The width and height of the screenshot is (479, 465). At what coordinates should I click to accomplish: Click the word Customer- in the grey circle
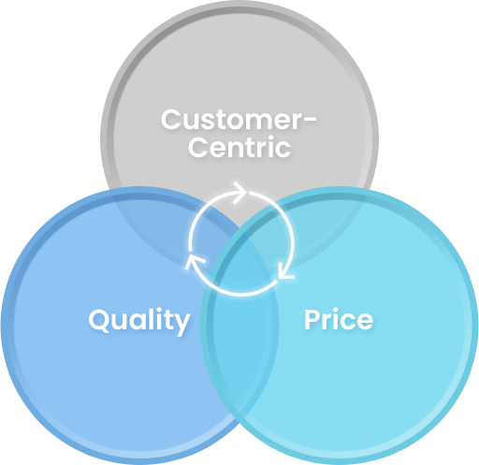pos(239,120)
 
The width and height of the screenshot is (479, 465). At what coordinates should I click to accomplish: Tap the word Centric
pos(239,147)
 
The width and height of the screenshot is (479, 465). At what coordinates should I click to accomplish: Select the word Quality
pos(139,321)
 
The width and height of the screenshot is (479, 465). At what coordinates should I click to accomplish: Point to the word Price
pos(339,319)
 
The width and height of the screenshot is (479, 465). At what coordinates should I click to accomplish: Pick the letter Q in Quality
pos(99,320)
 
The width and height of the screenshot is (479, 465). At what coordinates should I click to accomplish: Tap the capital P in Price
pos(312,319)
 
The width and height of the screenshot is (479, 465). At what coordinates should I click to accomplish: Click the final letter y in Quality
pos(181,325)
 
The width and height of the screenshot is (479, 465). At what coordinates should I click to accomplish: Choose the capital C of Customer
pos(170,120)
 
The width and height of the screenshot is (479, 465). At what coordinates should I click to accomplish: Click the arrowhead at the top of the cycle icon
pos(240,193)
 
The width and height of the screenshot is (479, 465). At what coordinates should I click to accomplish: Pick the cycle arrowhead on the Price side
pos(285,271)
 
